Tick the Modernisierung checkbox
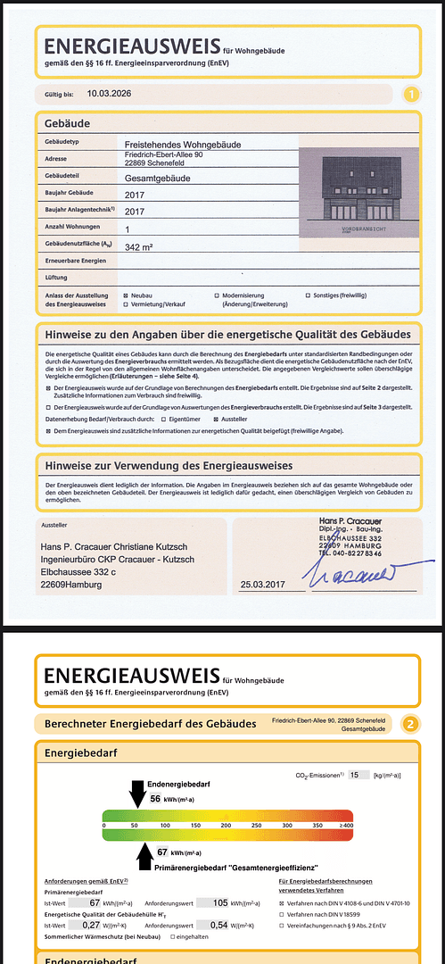pos(217,295)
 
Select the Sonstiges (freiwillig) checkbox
pos(308,295)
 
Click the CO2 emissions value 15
pos(355,776)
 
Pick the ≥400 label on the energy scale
pos(345,826)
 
